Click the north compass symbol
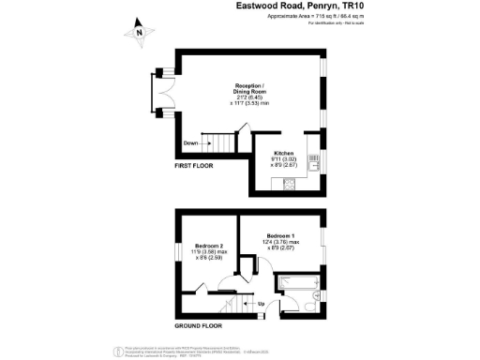click(x=139, y=31)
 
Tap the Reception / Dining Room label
click(x=248, y=89)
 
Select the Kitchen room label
click(x=284, y=153)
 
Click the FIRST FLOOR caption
click(x=195, y=166)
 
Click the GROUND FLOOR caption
click(x=197, y=326)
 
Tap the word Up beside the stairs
click(x=259, y=303)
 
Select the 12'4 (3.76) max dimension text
click(x=282, y=242)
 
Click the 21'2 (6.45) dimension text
click(x=248, y=96)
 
